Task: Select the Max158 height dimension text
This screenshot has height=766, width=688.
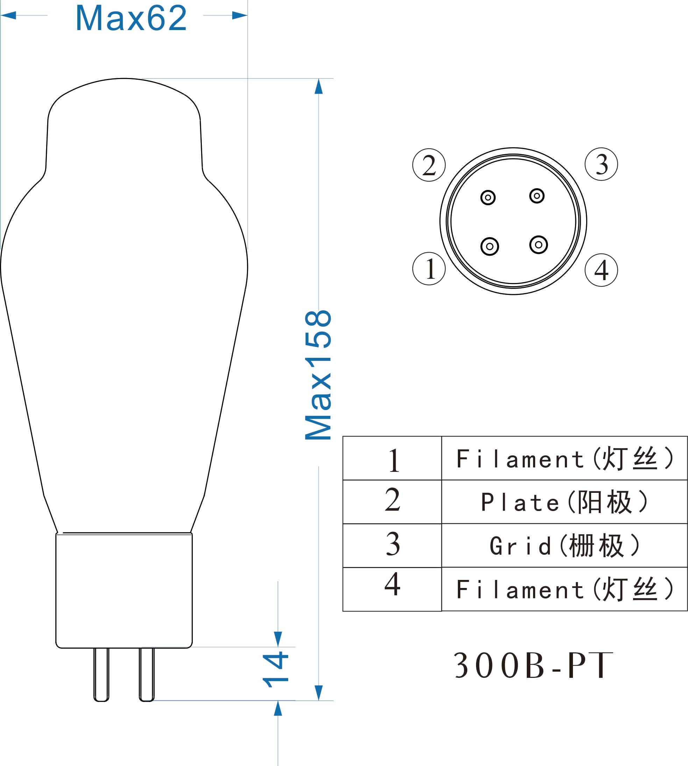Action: pyautogui.click(x=318, y=375)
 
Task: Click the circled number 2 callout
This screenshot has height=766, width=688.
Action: pyautogui.click(x=429, y=165)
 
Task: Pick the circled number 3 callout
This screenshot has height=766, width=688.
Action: pyautogui.click(x=601, y=164)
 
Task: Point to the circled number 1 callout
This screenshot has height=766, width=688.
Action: pyautogui.click(x=429, y=268)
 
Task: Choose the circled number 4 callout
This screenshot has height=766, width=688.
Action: pyautogui.click(x=601, y=270)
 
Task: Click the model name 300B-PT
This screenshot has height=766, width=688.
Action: pyautogui.click(x=533, y=665)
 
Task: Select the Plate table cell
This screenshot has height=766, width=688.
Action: pyautogui.click(x=564, y=502)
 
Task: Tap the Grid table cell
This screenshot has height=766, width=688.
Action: pyautogui.click(x=564, y=545)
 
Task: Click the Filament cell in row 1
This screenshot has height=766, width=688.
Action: pyautogui.click(x=564, y=458)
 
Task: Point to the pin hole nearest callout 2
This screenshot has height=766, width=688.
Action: pyautogui.click(x=488, y=197)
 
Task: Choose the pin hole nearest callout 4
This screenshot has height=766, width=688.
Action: pyautogui.click(x=538, y=244)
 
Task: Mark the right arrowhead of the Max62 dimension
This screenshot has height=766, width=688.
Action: pyautogui.click(x=240, y=15)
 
